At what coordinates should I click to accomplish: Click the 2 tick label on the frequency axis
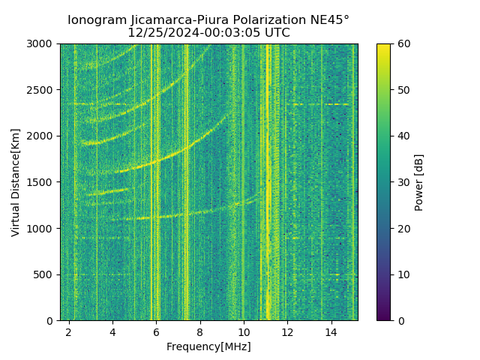(x=69, y=331)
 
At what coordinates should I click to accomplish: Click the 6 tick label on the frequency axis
(x=156, y=331)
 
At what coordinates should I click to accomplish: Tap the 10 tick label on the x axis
(x=244, y=331)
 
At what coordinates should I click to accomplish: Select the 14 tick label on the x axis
(x=331, y=331)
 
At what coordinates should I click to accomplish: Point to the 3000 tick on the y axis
(x=42, y=43)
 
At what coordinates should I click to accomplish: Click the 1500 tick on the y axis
(x=42, y=182)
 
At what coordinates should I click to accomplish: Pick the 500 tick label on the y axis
(x=45, y=274)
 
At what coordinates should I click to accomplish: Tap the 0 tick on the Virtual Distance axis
(x=52, y=320)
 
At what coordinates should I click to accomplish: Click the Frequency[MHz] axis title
(x=208, y=346)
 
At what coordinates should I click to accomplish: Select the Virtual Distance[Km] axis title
(x=16, y=182)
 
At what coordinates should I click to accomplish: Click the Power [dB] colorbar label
(x=419, y=182)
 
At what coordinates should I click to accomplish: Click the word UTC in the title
(x=274, y=33)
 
